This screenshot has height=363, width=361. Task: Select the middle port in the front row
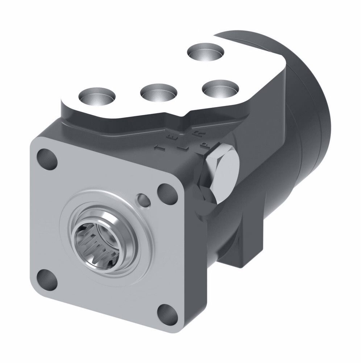click(158, 93)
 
